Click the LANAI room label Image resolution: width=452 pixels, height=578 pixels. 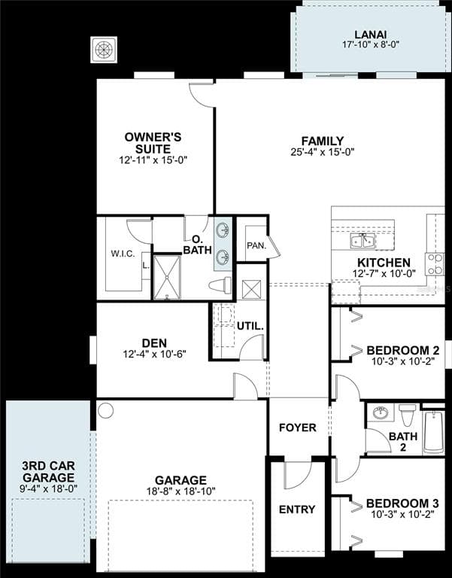370,35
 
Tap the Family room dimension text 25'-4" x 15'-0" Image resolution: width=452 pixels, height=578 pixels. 323,152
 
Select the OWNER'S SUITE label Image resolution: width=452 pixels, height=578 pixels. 153,143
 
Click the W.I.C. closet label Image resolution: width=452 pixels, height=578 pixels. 123,254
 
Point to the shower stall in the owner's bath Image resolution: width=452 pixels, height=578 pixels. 167,277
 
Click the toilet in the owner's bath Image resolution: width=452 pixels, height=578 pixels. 220,286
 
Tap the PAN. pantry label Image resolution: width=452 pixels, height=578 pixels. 256,245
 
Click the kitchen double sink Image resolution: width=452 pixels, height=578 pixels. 363,241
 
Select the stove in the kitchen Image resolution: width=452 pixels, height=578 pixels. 435,264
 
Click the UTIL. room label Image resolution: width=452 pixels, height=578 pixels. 250,326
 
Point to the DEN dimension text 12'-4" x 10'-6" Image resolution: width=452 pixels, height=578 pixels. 154,354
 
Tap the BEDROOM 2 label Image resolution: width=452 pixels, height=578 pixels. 403,350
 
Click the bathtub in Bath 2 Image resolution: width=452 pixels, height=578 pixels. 433,432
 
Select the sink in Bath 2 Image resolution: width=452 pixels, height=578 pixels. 381,412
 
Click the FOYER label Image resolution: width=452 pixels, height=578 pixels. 298,427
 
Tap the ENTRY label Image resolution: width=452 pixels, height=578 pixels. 297,510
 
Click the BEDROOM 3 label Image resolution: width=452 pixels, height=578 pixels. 402,503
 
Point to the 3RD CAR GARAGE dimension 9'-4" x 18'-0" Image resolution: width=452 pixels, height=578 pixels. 49,488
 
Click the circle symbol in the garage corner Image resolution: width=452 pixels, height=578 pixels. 106,410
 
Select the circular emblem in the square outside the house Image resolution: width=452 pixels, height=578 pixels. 105,50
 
